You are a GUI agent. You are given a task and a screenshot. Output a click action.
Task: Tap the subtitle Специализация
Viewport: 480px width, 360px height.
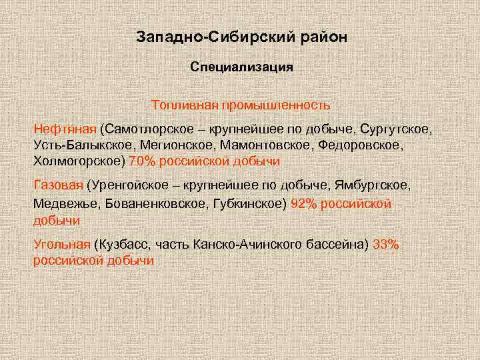241,67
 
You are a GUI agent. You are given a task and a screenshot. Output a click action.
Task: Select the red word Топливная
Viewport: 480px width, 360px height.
184,105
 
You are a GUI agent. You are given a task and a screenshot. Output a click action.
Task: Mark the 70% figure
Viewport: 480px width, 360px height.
142,161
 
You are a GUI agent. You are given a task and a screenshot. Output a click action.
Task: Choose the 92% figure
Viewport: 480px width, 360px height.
303,203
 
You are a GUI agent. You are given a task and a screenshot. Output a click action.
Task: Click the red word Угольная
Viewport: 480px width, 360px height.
61,244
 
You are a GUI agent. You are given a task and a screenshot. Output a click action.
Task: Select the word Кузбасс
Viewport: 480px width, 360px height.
122,244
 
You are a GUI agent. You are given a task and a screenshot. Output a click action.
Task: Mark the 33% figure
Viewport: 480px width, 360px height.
386,244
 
